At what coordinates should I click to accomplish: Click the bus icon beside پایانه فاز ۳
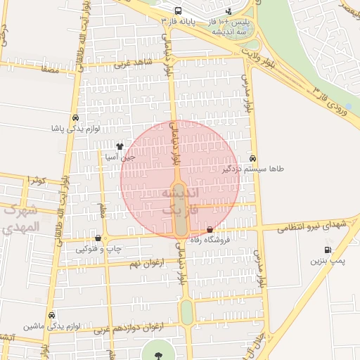[x=178, y=11]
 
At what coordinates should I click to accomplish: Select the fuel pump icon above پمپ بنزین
[x=328, y=250]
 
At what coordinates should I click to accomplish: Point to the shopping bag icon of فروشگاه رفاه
[x=210, y=229]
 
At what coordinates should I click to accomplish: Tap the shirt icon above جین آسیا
[x=120, y=148]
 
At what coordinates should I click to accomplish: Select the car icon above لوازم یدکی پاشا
[x=75, y=118]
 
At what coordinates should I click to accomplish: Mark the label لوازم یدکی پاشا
[x=75, y=129]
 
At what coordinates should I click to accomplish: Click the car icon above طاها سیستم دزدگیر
[x=252, y=159]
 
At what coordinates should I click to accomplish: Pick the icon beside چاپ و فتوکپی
[x=98, y=238]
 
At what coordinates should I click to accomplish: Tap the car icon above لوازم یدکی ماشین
[x=51, y=315]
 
